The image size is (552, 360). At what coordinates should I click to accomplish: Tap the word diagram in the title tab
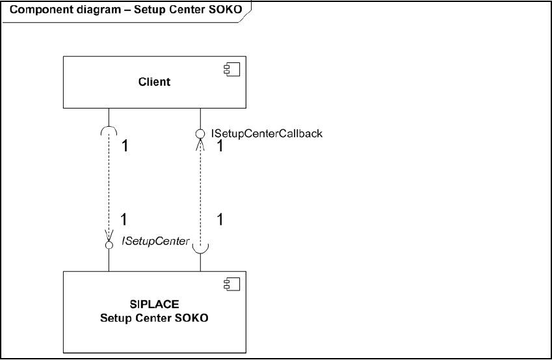coord(91,11)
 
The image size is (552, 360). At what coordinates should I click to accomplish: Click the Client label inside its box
coord(155,82)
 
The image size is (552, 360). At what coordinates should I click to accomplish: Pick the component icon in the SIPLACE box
coord(232,283)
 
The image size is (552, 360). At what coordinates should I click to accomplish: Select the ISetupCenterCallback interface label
coord(267,133)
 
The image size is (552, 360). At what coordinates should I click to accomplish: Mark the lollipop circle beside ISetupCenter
coord(109,244)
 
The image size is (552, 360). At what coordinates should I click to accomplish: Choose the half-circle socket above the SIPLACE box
coord(202,247)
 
